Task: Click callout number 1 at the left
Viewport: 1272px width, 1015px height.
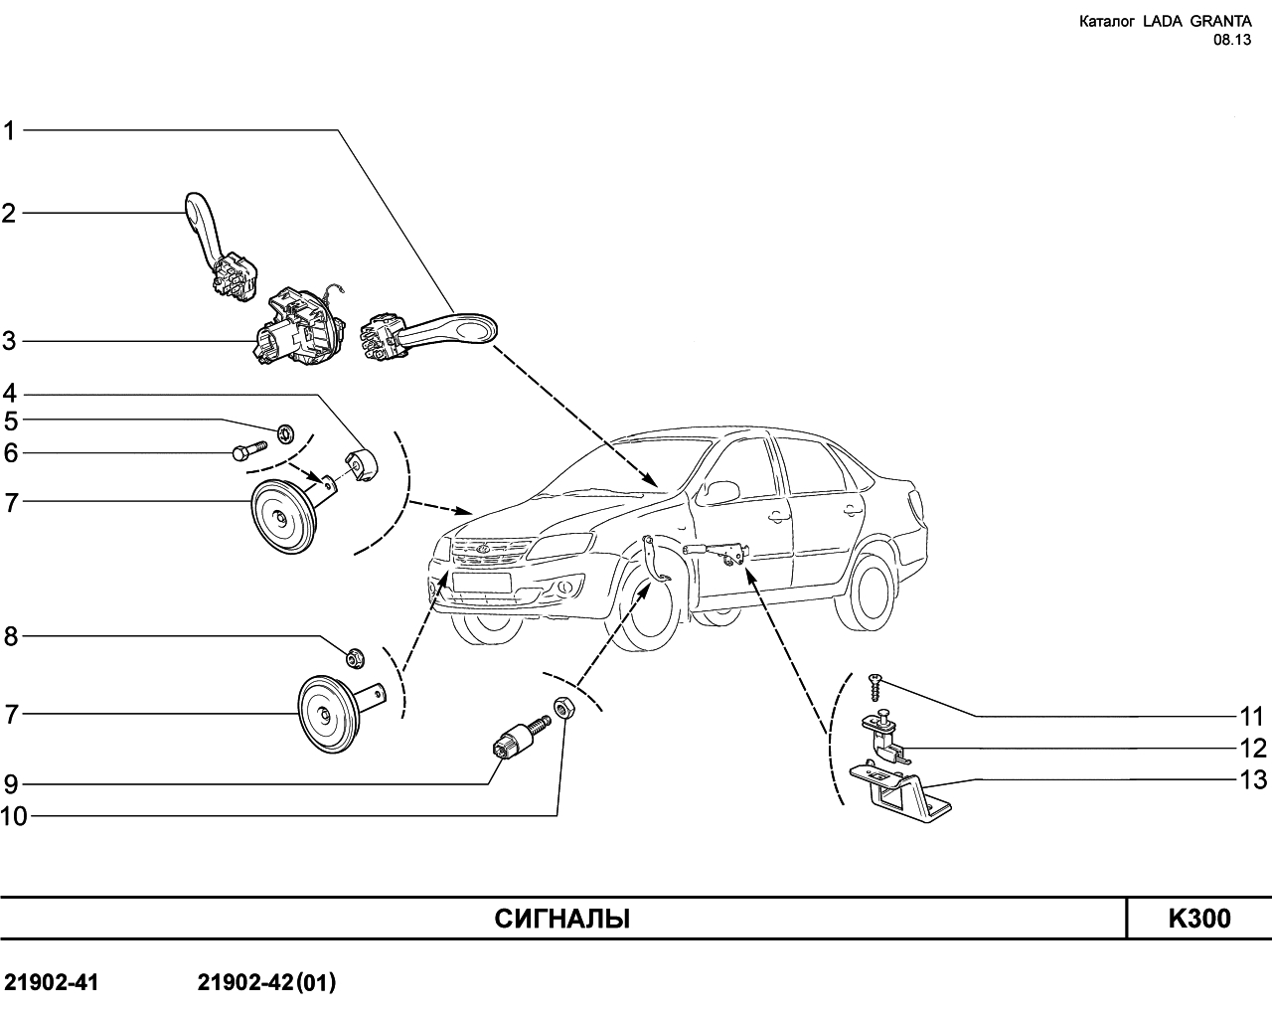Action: [10, 130]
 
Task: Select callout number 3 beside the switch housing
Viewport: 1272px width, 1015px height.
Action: [10, 342]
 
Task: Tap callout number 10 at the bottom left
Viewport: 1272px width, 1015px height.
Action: [15, 816]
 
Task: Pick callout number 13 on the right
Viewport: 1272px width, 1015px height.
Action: [1253, 778]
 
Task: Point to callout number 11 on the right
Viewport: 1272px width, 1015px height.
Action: [1251, 716]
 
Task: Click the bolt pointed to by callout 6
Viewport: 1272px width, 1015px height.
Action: [247, 453]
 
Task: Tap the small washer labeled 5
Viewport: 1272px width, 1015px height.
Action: [285, 432]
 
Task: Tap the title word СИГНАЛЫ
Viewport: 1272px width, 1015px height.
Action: [562, 919]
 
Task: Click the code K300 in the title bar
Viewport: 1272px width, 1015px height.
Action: [1198, 919]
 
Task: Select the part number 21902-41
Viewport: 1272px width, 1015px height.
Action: [52, 983]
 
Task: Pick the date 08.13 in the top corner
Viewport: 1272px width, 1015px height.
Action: [1231, 40]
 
